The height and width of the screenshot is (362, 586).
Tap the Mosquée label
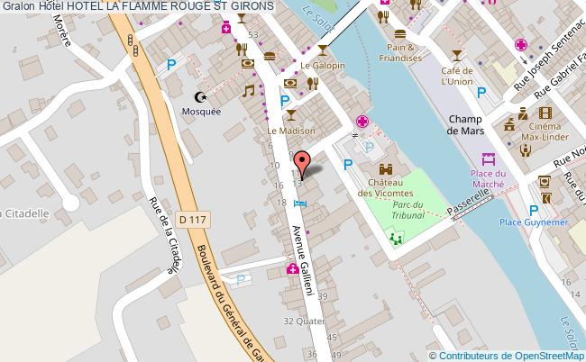tap(202, 111)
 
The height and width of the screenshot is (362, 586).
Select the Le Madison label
tap(290, 131)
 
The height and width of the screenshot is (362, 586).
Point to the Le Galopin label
tap(318, 66)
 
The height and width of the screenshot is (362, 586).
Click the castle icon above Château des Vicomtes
tap(386, 167)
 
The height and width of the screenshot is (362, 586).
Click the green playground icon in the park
tap(396, 238)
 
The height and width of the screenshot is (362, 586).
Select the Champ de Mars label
tap(465, 123)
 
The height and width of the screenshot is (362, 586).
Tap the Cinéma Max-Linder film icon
tap(545, 113)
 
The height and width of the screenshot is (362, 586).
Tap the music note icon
tap(248, 91)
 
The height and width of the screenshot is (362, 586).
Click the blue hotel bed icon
tap(300, 204)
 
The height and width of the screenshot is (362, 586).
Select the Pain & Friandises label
tap(400, 52)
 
